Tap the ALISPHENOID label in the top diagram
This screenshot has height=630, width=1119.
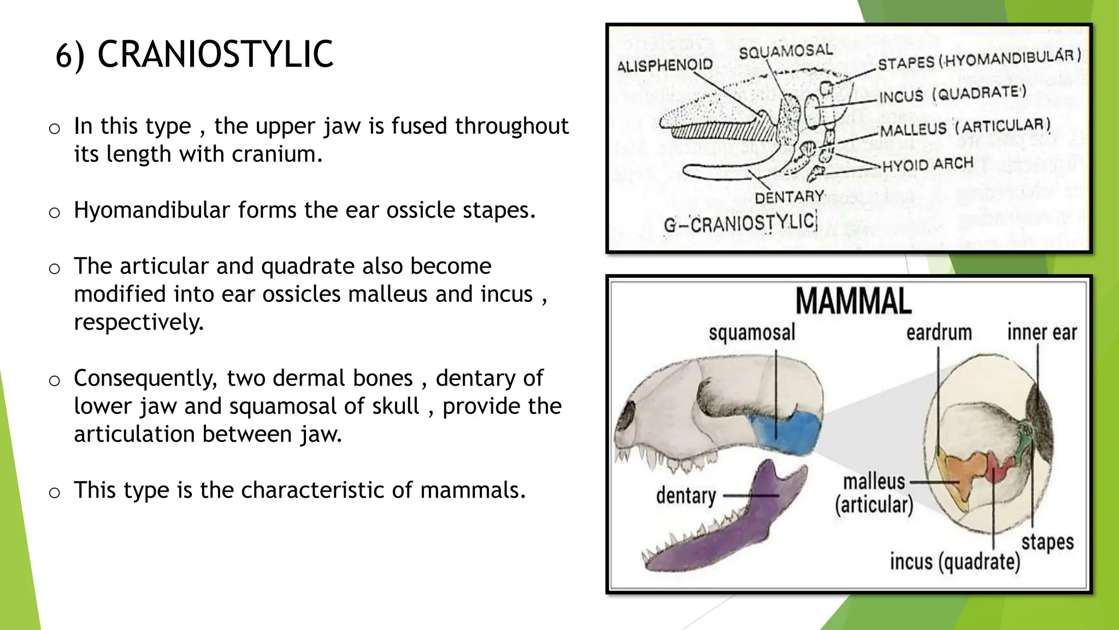click(x=664, y=66)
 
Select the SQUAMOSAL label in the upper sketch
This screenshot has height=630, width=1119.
click(x=785, y=52)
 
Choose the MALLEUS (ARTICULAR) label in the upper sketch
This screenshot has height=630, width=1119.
click(x=965, y=128)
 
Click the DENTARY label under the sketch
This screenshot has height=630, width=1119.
click(x=789, y=197)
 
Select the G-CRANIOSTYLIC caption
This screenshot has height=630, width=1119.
click(x=740, y=224)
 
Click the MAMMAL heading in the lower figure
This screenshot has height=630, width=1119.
click(x=853, y=301)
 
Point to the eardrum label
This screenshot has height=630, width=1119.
click(x=939, y=332)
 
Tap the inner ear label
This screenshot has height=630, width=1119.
click(x=1041, y=332)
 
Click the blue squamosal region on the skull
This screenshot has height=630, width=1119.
click(x=787, y=432)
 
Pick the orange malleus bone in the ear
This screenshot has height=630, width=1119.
click(x=964, y=473)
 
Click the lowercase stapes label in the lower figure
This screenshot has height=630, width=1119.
click(x=1047, y=542)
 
